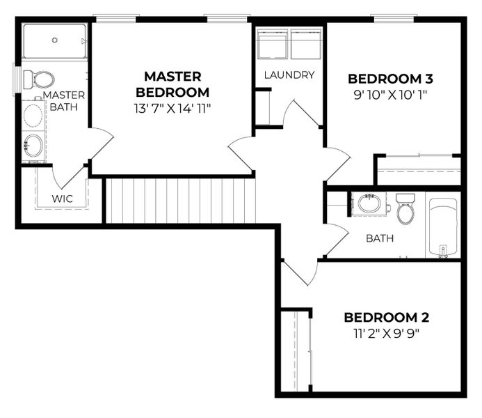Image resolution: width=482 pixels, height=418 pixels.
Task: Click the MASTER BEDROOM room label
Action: (172, 84)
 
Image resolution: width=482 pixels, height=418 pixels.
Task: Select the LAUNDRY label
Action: (289, 75)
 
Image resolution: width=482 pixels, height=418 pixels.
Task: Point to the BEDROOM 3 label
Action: (394, 79)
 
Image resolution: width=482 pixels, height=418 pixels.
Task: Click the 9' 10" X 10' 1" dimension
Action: (394, 95)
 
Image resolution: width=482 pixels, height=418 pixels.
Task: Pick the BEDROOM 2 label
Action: (387, 318)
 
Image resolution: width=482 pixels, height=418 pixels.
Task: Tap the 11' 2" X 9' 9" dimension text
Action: (387, 333)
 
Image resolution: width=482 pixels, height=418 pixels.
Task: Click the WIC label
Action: (62, 199)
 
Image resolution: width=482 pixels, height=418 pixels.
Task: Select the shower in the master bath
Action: (54, 41)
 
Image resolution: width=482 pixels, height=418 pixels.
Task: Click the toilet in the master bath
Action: (40, 79)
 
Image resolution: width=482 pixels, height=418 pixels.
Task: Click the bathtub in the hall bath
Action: (442, 227)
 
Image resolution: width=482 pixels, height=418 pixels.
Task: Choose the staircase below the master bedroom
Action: (179, 200)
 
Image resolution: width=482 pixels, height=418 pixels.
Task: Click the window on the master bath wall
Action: (17, 77)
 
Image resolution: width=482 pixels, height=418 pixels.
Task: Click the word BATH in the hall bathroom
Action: (380, 238)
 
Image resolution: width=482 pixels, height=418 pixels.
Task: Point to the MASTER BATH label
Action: (64, 101)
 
